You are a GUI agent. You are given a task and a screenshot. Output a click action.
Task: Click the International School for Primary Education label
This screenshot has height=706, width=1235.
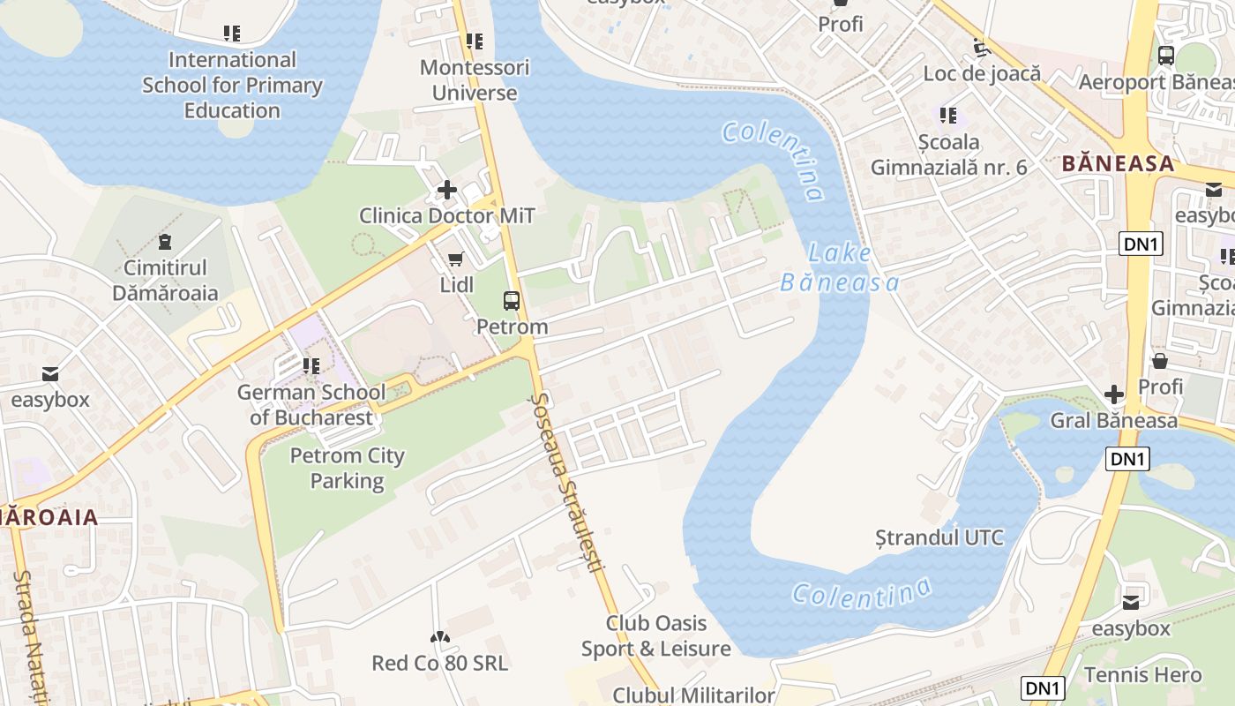232,85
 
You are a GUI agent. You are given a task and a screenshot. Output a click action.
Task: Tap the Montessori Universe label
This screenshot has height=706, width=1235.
475,79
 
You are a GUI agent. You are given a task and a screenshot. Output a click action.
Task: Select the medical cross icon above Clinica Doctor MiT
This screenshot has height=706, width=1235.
447,190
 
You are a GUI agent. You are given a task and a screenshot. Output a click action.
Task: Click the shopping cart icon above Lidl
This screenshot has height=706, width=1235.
456,259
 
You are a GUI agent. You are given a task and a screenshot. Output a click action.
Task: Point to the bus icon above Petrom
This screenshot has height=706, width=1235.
512,301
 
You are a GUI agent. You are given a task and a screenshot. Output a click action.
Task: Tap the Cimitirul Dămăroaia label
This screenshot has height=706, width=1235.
165,280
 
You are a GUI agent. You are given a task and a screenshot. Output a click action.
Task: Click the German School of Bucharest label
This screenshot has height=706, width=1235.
311,404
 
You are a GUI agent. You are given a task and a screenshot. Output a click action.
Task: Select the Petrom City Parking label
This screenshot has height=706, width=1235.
347,468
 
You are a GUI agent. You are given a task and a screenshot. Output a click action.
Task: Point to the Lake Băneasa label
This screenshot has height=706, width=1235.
840,268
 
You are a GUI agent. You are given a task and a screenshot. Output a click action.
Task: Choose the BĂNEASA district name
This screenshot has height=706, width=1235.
1118,163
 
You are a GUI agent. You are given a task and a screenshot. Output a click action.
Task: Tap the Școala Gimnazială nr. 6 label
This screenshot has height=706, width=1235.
948,154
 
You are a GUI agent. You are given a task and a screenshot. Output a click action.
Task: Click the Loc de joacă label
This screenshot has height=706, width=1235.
982,73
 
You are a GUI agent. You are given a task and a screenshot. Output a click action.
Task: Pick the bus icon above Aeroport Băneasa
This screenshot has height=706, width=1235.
1166,56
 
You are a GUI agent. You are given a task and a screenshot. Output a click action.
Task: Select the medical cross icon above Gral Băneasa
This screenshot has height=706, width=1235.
1114,394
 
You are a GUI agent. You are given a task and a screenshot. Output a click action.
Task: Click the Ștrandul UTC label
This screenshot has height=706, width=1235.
939,537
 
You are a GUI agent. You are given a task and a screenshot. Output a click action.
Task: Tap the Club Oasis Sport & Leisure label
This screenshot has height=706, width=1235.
655,635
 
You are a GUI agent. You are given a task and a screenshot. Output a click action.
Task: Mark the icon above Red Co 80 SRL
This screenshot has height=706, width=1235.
438,637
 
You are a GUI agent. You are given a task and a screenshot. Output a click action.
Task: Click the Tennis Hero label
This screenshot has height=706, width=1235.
1142,675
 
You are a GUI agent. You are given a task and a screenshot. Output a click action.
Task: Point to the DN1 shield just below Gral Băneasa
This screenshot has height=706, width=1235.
1126,458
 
